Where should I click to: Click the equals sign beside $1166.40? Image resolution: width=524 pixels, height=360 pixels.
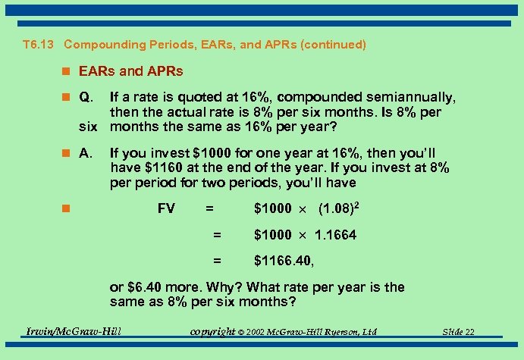(217, 261)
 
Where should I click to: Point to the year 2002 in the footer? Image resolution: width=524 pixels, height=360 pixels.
(256, 332)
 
